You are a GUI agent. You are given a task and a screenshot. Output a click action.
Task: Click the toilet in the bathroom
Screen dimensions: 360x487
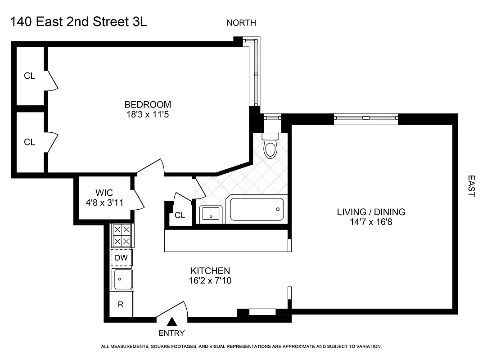pyautogui.click(x=270, y=147)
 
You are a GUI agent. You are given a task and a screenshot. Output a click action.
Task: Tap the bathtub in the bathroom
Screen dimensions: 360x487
pyautogui.click(x=257, y=209)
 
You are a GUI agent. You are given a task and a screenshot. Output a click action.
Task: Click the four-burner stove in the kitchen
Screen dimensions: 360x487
pyautogui.click(x=122, y=235)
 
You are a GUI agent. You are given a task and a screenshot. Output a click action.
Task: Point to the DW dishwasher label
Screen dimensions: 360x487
pyautogui.click(x=122, y=258)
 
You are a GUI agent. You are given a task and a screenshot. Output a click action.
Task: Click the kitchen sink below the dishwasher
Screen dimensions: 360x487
pyautogui.click(x=122, y=279)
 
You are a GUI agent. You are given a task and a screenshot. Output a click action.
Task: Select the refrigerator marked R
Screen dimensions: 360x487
pyautogui.click(x=121, y=304)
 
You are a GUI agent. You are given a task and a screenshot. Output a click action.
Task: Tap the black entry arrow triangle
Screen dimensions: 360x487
pyautogui.click(x=171, y=321)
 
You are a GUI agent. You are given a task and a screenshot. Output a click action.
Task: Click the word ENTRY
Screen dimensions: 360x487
pyautogui.click(x=171, y=333)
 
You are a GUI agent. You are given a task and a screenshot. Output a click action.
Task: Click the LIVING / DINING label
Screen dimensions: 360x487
pyautogui.click(x=371, y=212)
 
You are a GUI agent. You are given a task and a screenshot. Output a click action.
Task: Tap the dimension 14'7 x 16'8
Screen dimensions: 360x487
pyautogui.click(x=371, y=222)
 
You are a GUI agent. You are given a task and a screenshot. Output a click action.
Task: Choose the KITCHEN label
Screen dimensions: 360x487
pyautogui.click(x=210, y=271)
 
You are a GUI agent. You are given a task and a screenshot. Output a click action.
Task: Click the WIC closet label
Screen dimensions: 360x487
pyautogui.click(x=103, y=192)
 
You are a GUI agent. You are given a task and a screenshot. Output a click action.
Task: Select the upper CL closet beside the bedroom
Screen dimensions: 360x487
pyautogui.click(x=30, y=76)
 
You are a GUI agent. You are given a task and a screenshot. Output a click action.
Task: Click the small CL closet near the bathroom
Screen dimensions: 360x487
pyautogui.click(x=180, y=216)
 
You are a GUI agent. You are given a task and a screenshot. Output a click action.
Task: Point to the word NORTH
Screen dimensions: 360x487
pyautogui.click(x=241, y=23)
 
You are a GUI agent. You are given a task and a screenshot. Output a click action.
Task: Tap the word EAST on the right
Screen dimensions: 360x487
pyautogui.click(x=471, y=186)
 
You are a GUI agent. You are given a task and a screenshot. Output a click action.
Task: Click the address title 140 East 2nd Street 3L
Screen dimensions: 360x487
pyautogui.click(x=78, y=22)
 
